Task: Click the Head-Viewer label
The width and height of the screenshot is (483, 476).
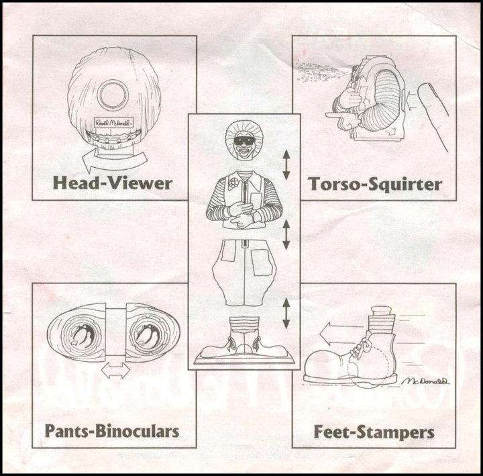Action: [114, 183]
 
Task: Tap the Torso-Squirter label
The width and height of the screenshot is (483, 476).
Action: [374, 183]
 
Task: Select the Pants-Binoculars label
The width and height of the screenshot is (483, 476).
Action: [112, 430]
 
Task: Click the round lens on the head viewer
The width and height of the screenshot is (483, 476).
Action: [113, 95]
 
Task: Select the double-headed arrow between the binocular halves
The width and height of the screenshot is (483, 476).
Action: [115, 370]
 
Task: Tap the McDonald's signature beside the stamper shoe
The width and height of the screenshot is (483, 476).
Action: [427, 381]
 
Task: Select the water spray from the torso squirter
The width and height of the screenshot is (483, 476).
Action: [315, 70]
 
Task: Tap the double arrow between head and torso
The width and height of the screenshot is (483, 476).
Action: [286, 164]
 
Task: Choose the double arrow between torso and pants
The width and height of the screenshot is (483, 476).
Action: [286, 235]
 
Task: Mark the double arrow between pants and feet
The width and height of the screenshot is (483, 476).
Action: [286, 314]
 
